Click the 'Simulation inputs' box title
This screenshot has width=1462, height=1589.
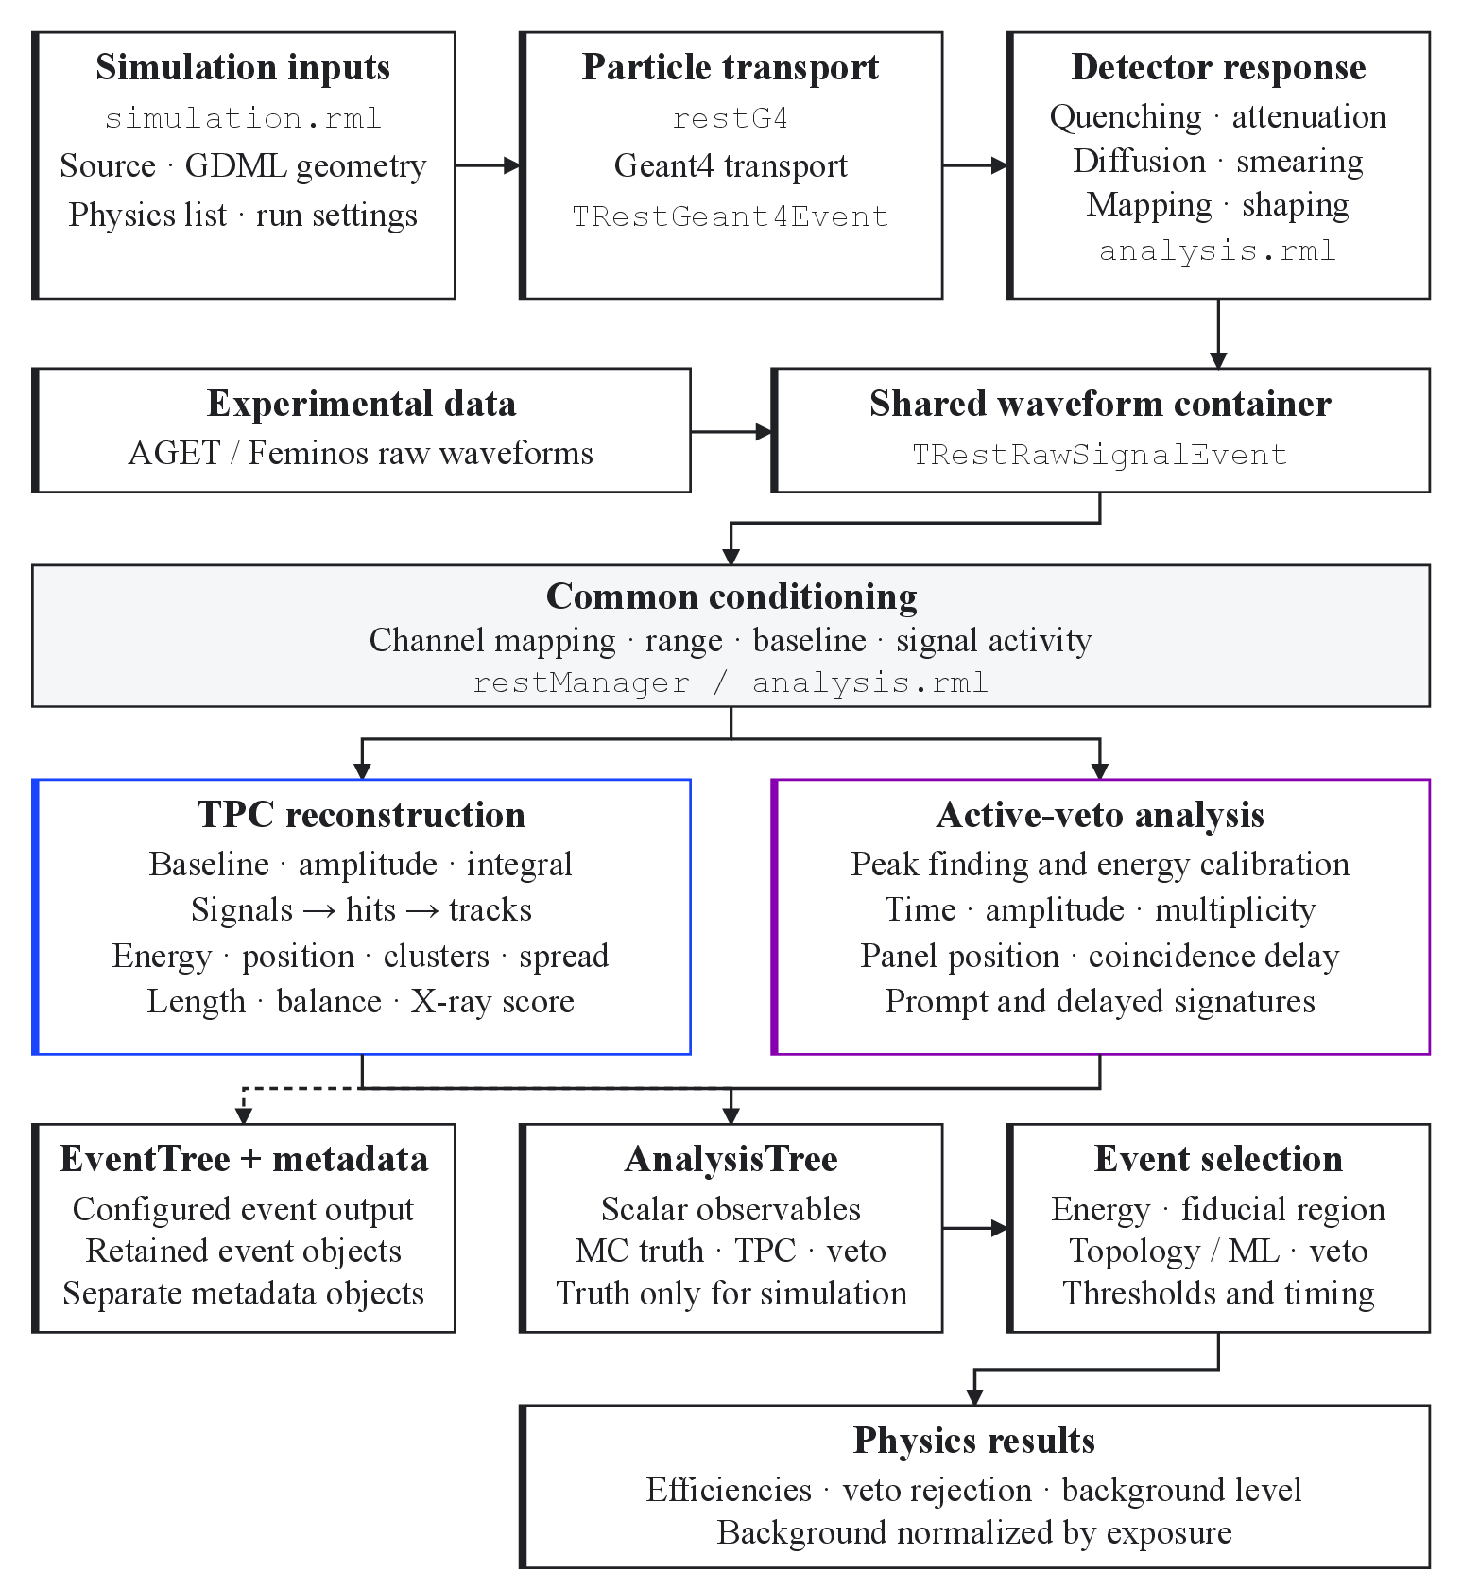click(x=243, y=67)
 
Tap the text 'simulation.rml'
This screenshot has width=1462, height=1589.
click(x=243, y=118)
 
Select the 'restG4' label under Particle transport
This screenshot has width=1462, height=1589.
click(x=731, y=118)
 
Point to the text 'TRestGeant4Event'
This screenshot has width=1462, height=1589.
click(x=731, y=216)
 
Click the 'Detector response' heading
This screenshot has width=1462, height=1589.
click(x=1218, y=67)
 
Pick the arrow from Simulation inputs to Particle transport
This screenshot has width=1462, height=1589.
click(x=488, y=165)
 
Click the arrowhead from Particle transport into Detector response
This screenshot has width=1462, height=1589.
click(x=1000, y=165)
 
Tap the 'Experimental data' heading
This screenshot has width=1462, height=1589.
click(x=362, y=404)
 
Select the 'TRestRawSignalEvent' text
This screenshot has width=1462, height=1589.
click(x=1100, y=455)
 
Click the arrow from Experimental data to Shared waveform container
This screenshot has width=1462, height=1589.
click(x=732, y=432)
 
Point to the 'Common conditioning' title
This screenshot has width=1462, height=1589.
click(x=731, y=596)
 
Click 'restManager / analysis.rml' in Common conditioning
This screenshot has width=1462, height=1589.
click(x=731, y=682)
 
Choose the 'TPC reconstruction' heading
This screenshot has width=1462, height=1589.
click(x=362, y=815)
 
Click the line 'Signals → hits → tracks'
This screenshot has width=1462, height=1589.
click(x=362, y=909)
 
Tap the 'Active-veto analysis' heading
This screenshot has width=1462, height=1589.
click(x=1101, y=815)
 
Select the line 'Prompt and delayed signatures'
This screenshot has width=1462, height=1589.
click(x=1100, y=1001)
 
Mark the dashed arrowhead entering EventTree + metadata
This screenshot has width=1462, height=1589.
click(x=244, y=1115)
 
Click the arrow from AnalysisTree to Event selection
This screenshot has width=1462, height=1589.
click(x=975, y=1228)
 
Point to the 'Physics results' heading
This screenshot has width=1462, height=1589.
click(x=974, y=1441)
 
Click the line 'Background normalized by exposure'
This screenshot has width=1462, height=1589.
click(x=974, y=1532)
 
